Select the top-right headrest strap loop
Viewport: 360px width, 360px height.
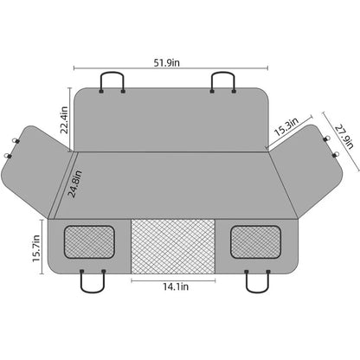pos(223,82)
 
